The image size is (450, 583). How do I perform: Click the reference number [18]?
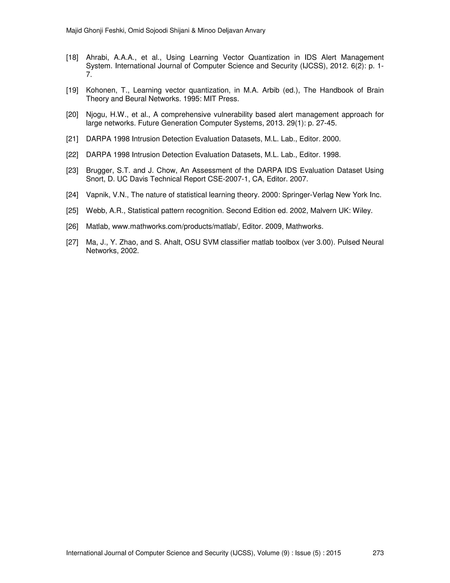click(72, 58)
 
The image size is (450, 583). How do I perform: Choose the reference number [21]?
click(72, 139)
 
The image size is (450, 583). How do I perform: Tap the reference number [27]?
click(72, 242)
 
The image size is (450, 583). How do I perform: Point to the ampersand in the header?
click(194, 31)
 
